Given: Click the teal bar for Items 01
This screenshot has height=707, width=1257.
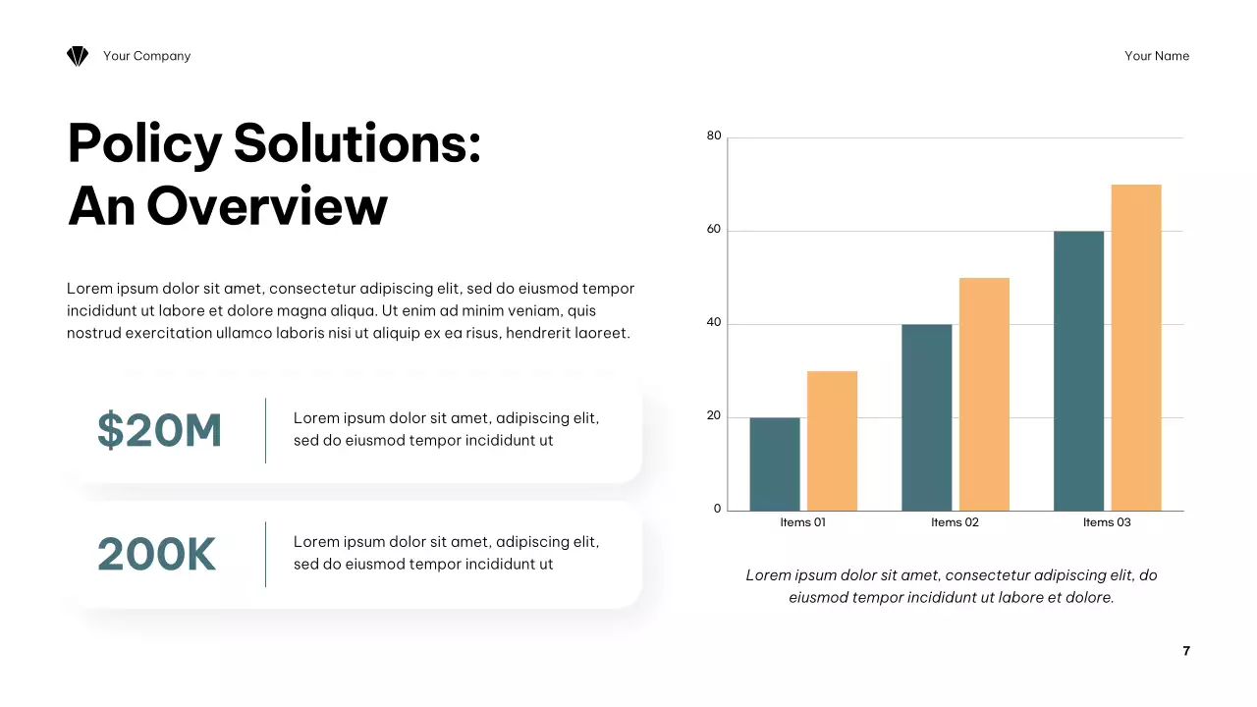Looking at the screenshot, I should coord(775,463).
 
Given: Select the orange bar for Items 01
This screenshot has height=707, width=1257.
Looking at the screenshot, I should coord(832,441).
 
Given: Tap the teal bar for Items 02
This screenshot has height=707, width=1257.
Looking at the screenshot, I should coord(927,417).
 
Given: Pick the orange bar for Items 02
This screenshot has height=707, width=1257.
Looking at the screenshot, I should coord(984,394).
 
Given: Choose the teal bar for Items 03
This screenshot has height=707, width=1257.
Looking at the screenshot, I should coord(1078,371).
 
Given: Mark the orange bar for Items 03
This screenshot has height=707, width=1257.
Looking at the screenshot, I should coord(1136,348).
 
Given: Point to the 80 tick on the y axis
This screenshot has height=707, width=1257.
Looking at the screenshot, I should coord(714,136).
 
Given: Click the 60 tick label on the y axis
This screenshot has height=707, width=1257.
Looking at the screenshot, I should coord(714,230).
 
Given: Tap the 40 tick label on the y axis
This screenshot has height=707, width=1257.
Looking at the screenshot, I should coord(714,323).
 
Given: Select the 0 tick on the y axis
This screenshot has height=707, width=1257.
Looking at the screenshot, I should coord(717,510).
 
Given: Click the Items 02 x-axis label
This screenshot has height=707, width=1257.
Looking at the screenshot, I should coord(955,522).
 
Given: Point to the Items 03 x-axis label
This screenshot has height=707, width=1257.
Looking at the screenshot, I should coord(1107,522).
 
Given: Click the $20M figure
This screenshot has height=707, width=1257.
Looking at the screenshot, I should coord(160,430).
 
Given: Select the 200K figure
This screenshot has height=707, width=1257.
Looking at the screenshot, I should coord(156,555).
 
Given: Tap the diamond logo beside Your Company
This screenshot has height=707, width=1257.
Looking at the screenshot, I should coord(78,57).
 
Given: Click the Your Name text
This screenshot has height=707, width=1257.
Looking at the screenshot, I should coord(1157,56).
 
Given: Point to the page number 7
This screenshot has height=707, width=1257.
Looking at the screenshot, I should coord(1186,651).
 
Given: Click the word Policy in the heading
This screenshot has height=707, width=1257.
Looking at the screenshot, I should coord(145,143).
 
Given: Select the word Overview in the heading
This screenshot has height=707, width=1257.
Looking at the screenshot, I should coord(267,207).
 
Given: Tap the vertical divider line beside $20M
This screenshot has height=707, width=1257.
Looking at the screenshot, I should coord(266,430).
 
